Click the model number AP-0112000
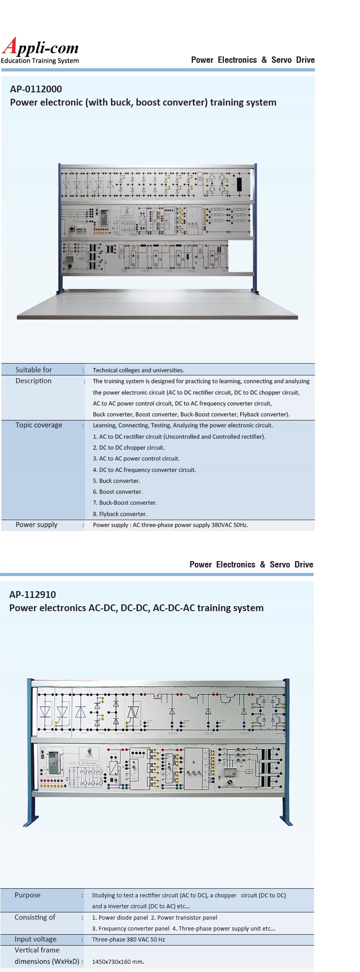(x=36, y=89)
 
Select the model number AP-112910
(x=33, y=594)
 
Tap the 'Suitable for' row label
(x=34, y=370)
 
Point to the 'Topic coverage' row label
(x=39, y=425)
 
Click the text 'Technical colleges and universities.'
(x=138, y=370)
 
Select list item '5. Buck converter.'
(x=117, y=481)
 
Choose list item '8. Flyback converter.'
(x=120, y=514)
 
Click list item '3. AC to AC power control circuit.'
(x=136, y=459)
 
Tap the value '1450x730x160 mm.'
(x=118, y=962)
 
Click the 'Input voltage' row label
(x=35, y=939)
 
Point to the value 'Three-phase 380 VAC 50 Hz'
(x=128, y=940)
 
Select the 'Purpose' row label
(x=27, y=895)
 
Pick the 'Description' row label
(x=33, y=381)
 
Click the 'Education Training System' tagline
(x=40, y=61)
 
